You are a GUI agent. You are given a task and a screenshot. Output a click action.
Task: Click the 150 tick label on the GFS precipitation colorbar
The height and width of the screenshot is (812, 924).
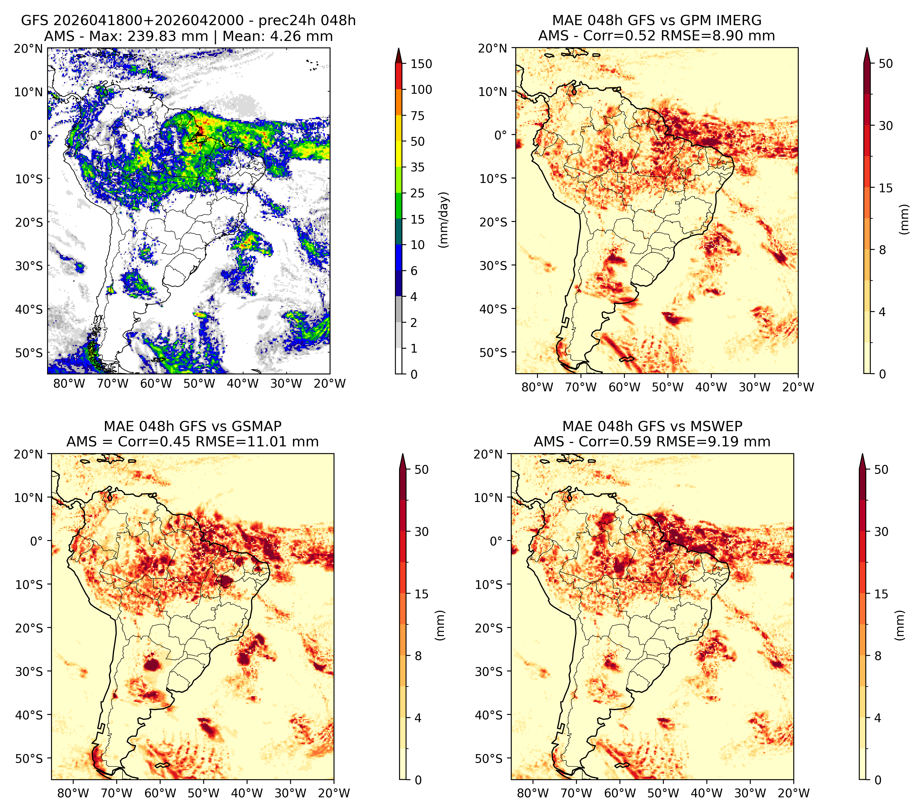tap(421, 64)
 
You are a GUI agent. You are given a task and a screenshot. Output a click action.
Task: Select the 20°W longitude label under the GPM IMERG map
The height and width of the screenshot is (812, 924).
tap(798, 387)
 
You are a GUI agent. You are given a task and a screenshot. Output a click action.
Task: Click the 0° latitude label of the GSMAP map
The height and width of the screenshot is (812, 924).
tap(37, 541)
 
